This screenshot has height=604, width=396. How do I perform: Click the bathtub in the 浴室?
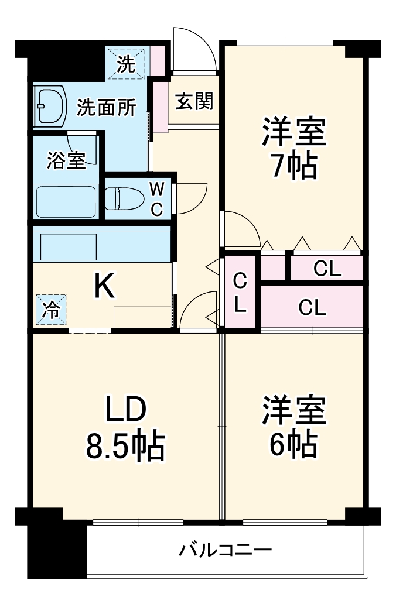(x=66, y=202)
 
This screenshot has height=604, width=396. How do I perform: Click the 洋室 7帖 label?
(x=293, y=149)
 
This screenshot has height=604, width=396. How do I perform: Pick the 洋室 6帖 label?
(x=293, y=428)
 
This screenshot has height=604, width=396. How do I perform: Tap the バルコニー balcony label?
(x=226, y=551)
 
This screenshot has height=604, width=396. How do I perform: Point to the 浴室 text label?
(x=66, y=160)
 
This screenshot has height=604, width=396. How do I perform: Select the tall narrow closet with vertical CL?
(x=240, y=292)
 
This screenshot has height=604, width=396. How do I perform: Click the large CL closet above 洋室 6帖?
(x=312, y=307)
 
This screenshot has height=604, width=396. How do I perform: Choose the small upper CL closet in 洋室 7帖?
(x=326, y=268)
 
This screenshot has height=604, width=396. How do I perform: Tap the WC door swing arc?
(x=190, y=198)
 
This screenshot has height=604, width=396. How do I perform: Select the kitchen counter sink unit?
(x=101, y=246)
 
